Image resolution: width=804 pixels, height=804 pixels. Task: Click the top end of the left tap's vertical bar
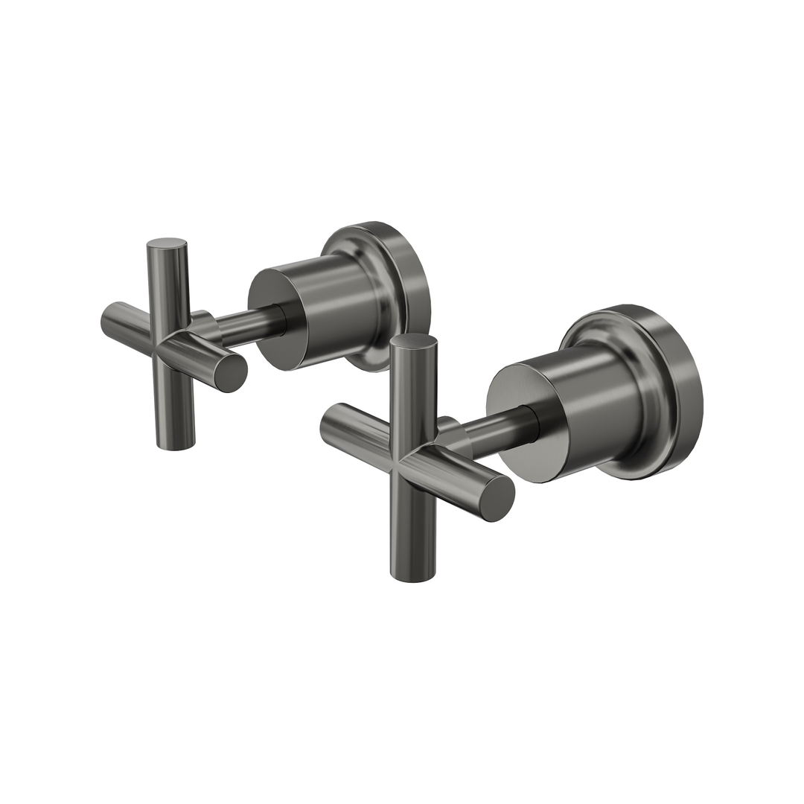pos(167,244)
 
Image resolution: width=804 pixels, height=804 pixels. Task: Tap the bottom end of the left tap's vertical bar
pos(176,444)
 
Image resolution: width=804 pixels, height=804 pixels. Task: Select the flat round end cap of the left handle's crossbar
pos(231,372)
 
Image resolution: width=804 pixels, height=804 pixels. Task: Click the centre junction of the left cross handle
pos(173,344)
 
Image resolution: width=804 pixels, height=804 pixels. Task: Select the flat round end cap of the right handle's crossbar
pos(497,497)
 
